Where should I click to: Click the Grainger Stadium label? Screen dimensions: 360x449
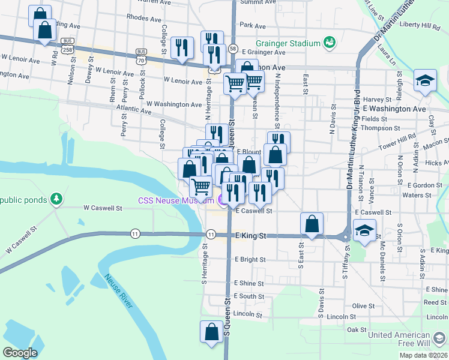click(287, 43)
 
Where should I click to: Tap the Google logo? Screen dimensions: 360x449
click(20, 353)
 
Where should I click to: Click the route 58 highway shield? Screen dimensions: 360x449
click(233, 48)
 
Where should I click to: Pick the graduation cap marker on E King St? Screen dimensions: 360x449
click(364, 230)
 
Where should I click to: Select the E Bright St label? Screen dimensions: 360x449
click(250, 259)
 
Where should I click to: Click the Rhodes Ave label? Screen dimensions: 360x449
click(143, 18)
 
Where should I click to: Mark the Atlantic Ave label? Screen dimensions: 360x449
click(134, 109)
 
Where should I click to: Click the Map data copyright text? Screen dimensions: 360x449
click(424, 355)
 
